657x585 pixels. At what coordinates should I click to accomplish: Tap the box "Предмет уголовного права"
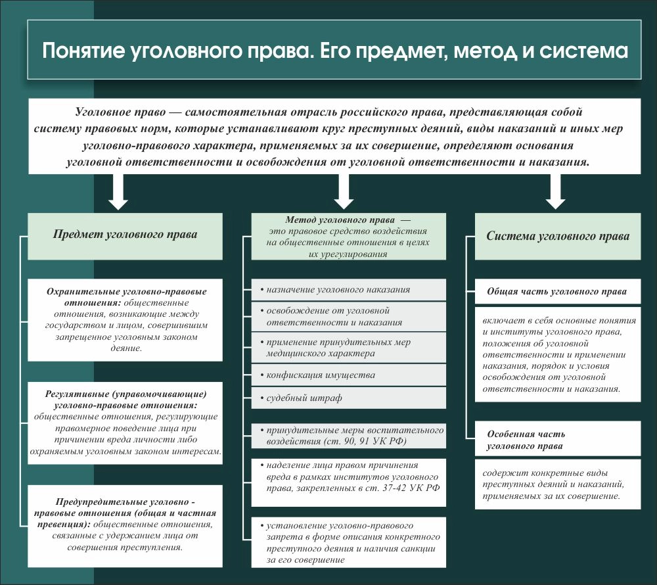pyautogui.click(x=125, y=234)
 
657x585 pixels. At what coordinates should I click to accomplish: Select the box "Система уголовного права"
pyautogui.click(x=557, y=235)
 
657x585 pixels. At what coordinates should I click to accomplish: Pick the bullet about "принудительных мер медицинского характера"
pyautogui.click(x=338, y=348)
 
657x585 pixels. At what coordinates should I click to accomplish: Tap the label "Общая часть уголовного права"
pyautogui.click(x=556, y=291)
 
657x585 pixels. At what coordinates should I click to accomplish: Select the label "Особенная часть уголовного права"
pyautogui.click(x=526, y=440)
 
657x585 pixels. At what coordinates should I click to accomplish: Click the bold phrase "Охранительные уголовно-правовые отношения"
pyautogui.click(x=127, y=296)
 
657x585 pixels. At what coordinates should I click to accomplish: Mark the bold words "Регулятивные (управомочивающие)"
pyautogui.click(x=126, y=394)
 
